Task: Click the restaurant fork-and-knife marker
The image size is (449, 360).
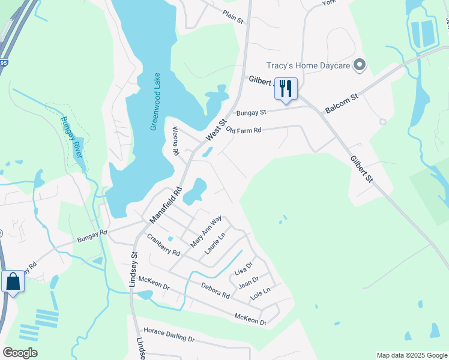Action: point(286,89)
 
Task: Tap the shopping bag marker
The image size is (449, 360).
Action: point(13,281)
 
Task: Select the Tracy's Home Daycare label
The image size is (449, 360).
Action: point(309,65)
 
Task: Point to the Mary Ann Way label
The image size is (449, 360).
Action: point(206,232)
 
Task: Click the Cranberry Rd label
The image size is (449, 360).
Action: point(164,244)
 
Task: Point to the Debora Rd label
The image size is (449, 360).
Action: point(215,291)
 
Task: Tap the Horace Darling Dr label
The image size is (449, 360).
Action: point(170,335)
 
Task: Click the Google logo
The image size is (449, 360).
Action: point(20,353)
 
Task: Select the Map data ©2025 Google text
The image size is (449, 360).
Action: point(412,355)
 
